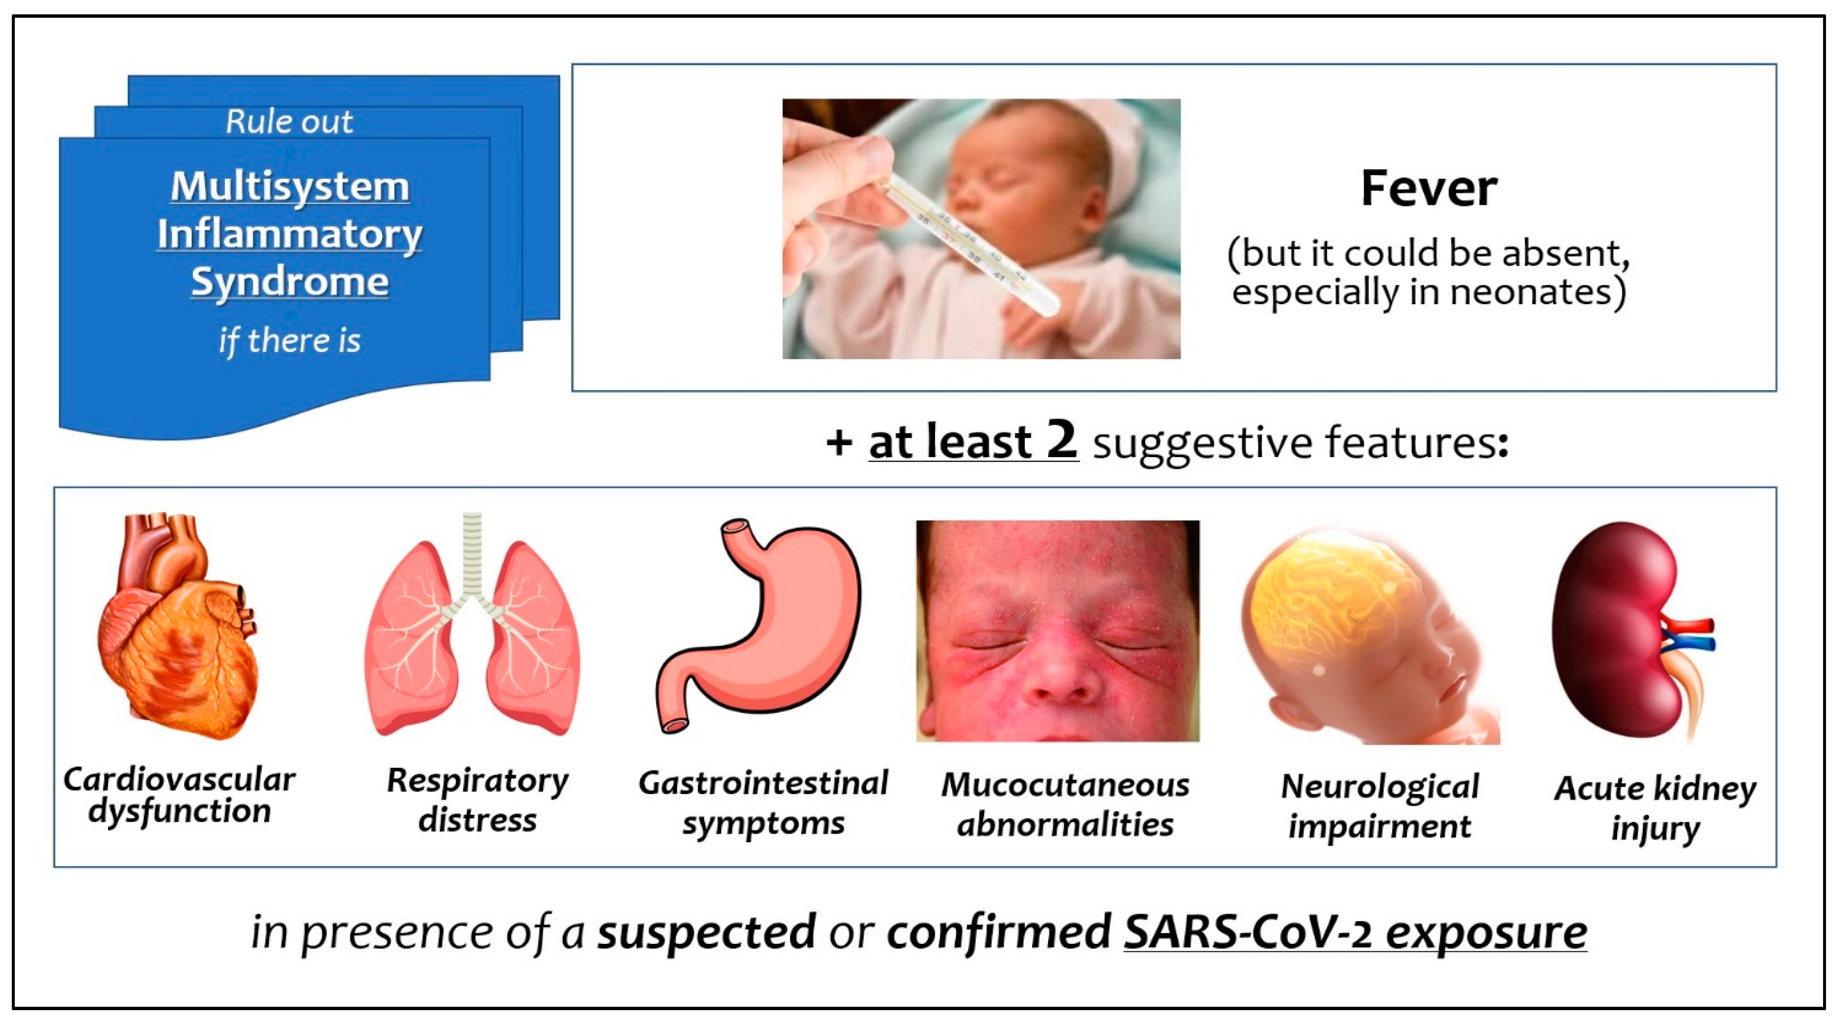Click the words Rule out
pos(290,122)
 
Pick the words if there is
pos(290,341)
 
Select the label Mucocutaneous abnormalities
pos(1065,805)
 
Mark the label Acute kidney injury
pos(1655,809)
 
